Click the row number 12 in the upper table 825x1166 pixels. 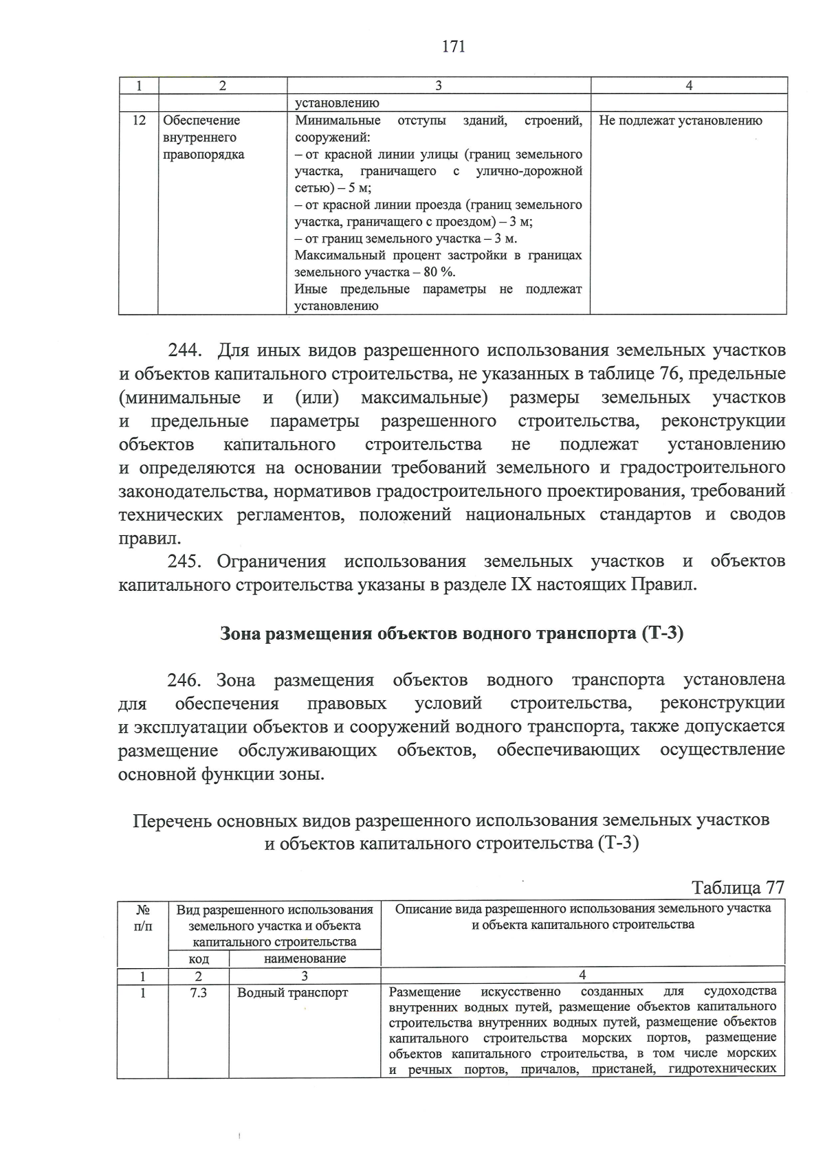139,121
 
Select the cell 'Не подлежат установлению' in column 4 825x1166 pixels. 680,121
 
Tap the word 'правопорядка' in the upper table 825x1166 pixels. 203,155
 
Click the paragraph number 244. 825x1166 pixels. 184,351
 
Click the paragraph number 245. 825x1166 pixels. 184,561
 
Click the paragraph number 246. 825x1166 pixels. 184,680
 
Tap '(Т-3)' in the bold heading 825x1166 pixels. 662,634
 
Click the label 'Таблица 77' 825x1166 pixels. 738,887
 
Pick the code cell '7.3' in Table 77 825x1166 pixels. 199,993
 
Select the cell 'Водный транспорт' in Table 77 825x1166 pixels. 293,993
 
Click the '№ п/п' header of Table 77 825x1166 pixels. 143,918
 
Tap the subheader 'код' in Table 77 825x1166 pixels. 199,958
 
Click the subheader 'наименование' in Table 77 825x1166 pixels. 305,958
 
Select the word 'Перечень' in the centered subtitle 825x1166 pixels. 171,820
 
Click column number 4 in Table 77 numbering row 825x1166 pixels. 582,975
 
